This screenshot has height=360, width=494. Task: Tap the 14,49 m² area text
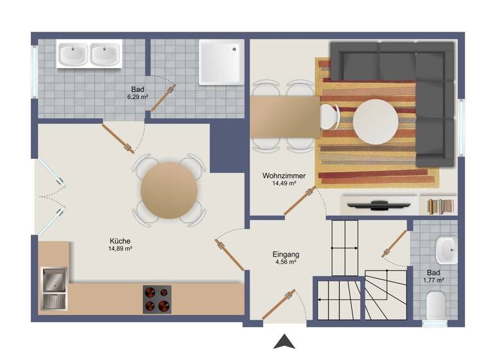tap(284, 183)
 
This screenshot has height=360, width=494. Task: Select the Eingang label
tap(286, 254)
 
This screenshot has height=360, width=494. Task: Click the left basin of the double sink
tap(73, 55)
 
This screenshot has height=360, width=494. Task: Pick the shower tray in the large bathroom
tap(221, 62)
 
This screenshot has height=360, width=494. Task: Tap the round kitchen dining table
tap(169, 191)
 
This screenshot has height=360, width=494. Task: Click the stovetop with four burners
tap(157, 299)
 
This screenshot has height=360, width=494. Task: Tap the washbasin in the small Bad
tap(446, 251)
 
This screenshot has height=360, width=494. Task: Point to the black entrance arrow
tap(284, 342)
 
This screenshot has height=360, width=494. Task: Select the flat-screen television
tap(378, 206)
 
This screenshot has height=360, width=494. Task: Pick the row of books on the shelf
tap(441, 206)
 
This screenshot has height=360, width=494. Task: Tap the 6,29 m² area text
tap(138, 97)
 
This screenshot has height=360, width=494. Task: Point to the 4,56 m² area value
tap(285, 262)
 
